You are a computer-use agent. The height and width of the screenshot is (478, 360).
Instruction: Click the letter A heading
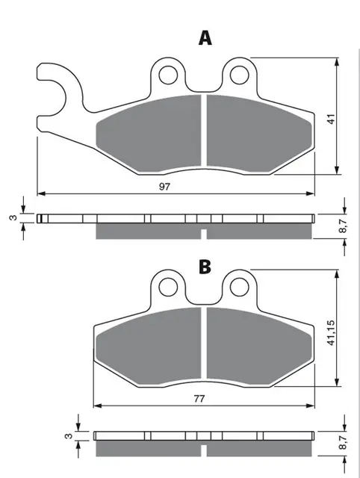203,38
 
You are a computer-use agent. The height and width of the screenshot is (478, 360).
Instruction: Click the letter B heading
204,266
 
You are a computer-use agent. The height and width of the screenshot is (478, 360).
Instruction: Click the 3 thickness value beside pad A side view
10,218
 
